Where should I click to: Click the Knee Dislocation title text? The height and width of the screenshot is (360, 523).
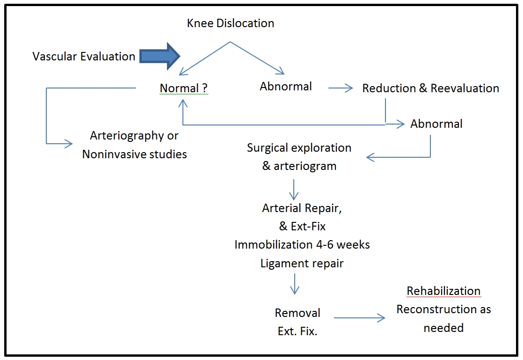(x=231, y=23)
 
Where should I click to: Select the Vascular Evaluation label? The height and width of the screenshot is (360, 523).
(x=84, y=57)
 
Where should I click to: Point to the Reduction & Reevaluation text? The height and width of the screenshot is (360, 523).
(x=430, y=88)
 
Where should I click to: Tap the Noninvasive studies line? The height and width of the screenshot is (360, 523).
(x=134, y=154)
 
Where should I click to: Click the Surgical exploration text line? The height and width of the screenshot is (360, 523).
(x=299, y=148)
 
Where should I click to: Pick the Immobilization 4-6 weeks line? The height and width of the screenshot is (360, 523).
(x=302, y=245)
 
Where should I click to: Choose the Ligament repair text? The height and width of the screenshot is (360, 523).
(x=302, y=263)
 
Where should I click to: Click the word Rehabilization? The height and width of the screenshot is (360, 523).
(x=443, y=291)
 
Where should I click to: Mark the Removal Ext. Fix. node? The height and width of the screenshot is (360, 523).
(x=298, y=322)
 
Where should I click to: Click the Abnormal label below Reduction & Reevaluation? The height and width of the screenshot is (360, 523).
(x=436, y=124)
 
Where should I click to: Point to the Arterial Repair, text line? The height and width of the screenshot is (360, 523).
(x=302, y=208)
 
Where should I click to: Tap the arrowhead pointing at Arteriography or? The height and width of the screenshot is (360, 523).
(x=70, y=143)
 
